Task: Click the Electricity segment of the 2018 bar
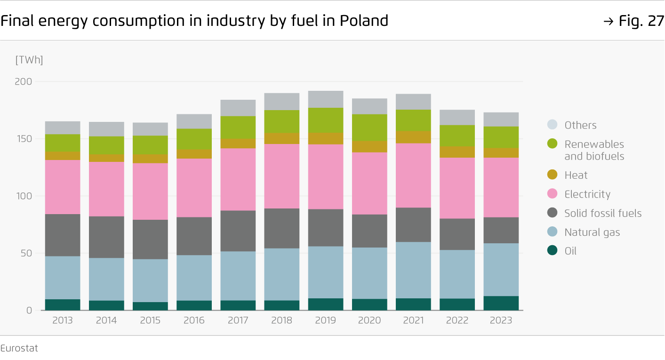(281, 176)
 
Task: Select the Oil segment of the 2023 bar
(501, 303)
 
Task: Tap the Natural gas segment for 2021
(413, 270)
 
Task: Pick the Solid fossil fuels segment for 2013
(63, 235)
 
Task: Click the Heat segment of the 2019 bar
(326, 138)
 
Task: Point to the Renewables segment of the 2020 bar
(369, 128)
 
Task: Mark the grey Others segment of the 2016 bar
(194, 121)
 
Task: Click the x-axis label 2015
(150, 321)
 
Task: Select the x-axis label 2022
(457, 321)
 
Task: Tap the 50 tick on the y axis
(26, 253)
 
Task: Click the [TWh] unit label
(29, 60)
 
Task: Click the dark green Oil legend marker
(553, 251)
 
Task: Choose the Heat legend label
(576, 175)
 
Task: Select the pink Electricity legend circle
(553, 194)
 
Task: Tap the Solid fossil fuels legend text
(603, 213)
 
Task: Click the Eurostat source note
(19, 348)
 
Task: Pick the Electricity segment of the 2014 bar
(106, 189)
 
